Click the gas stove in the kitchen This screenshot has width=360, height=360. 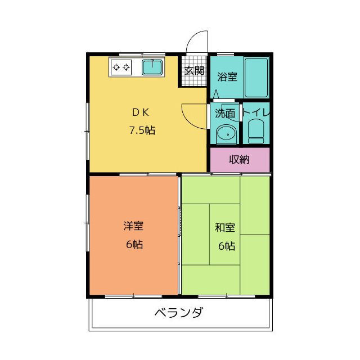click(x=121, y=67)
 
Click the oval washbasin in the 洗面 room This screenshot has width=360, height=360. click(x=226, y=134)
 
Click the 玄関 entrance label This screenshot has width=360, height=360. click(x=195, y=71)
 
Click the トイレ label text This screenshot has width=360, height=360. click(x=256, y=112)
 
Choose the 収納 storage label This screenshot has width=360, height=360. click(x=239, y=160)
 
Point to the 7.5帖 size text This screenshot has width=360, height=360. click(x=142, y=130)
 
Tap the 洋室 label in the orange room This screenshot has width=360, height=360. click(x=133, y=226)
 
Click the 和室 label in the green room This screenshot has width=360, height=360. click(x=225, y=227)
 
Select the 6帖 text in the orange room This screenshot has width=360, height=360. click(x=134, y=245)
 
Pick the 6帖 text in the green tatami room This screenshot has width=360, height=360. click(x=227, y=246)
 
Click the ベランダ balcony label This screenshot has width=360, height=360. click(x=178, y=313)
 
